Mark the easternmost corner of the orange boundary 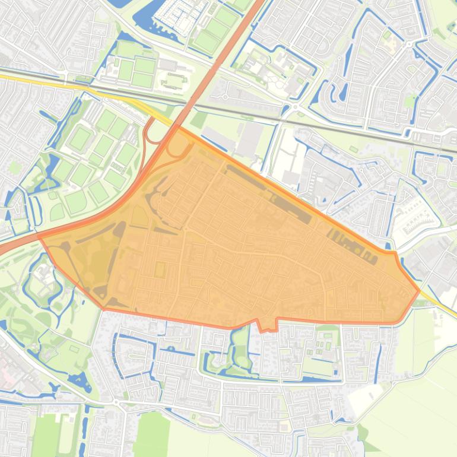[x=420, y=291]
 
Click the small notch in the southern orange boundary [x=268, y=326]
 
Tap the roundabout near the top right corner [x=409, y=43]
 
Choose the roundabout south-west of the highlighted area [x=116, y=404]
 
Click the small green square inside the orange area [x=160, y=269]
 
